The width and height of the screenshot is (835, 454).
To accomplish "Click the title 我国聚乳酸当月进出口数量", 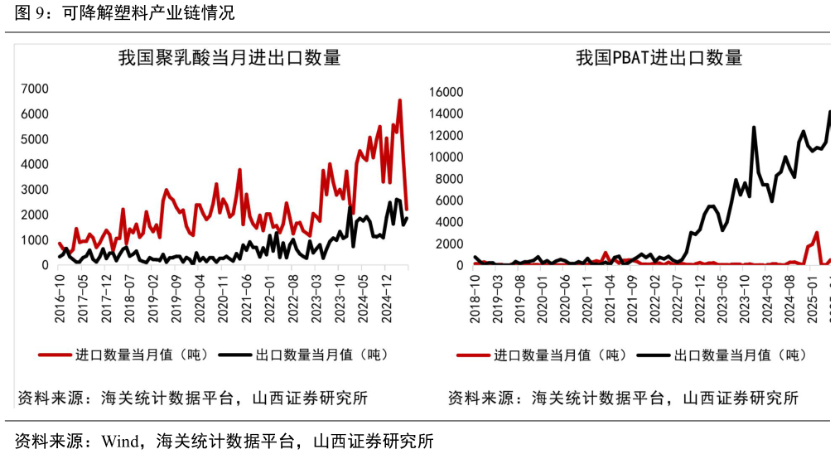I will click(x=229, y=58).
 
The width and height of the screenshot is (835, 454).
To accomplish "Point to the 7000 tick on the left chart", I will click(x=35, y=89).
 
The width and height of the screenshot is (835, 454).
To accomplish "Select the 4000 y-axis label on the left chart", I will click(x=35, y=164).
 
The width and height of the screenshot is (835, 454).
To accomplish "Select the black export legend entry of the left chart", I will click(x=303, y=355).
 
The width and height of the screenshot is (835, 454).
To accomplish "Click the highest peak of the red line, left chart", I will click(x=399, y=101).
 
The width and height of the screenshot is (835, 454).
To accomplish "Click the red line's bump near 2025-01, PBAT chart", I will click(x=817, y=234).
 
